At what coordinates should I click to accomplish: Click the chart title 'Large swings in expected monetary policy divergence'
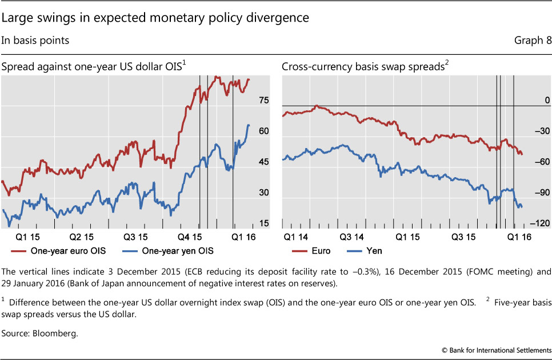tap(156, 18)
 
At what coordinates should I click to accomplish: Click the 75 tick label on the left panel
tap(263, 101)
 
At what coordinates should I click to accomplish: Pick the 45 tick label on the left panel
tap(263, 162)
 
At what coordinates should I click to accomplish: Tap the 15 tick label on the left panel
tap(263, 223)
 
